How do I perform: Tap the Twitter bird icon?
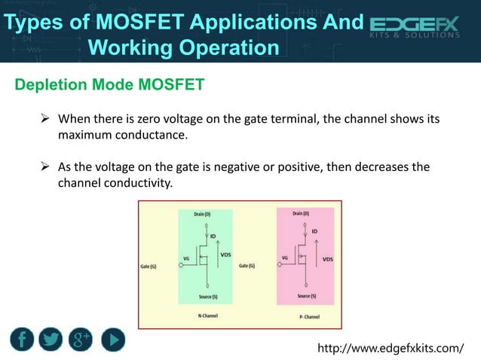point(51,339)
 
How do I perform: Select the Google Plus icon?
point(80,339)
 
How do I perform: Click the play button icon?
point(112,339)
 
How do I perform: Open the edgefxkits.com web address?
point(391,349)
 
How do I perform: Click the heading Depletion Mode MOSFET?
point(109,84)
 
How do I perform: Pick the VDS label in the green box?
point(225,255)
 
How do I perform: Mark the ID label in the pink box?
point(314,230)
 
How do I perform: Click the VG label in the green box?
point(185,258)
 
